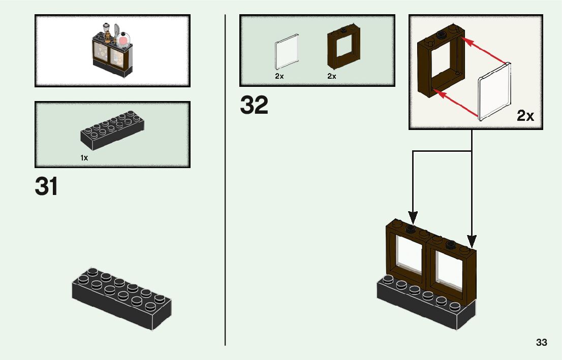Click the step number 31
46,187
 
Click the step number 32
254,106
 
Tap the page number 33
541,343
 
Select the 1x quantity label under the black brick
84,158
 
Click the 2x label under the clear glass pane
279,76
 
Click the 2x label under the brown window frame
332,76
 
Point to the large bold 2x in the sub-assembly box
525,116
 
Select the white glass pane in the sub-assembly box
494,91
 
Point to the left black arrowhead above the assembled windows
414,217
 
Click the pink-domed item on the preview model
123,40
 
